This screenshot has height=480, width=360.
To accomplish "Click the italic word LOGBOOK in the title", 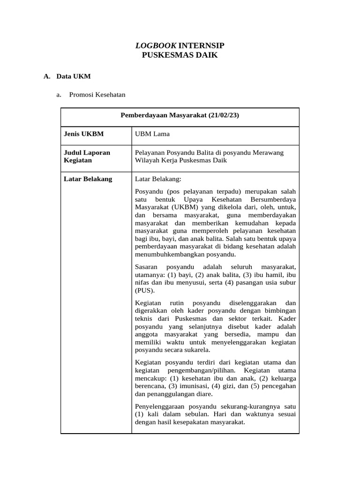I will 156,45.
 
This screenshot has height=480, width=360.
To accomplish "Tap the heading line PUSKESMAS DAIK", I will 180,55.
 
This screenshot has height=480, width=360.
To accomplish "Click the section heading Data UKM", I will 74,76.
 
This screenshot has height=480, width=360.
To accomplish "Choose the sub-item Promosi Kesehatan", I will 97,95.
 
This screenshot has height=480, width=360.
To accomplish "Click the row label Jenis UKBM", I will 83,134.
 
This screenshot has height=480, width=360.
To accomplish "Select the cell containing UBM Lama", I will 152,134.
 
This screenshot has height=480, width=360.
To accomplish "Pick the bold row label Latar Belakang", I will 88,179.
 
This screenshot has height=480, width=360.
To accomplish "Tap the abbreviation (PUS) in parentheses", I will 144,290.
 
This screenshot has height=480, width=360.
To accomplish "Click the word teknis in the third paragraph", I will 144,318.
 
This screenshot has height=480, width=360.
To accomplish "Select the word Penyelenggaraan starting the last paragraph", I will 161,406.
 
